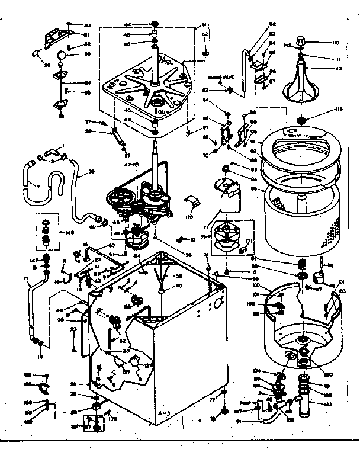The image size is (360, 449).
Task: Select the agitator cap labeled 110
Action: pyautogui.click(x=302, y=41)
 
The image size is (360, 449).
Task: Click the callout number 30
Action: pyautogui.click(x=86, y=25)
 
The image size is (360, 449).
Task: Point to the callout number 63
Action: pyautogui.click(x=204, y=91)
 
